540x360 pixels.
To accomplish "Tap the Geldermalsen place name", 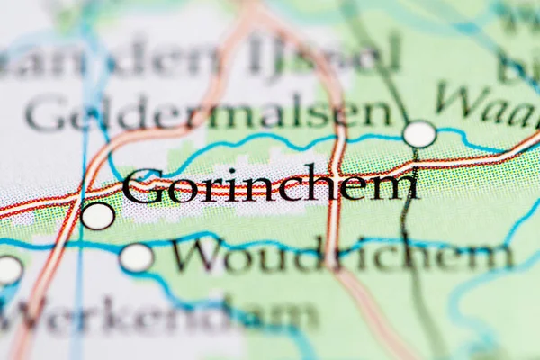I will click(x=209, y=114).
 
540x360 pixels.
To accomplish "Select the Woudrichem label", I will click(x=342, y=256).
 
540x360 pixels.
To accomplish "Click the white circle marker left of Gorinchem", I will click(x=98, y=216).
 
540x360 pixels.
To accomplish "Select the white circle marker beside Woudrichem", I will click(x=137, y=257).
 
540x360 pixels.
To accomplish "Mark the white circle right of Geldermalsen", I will click(x=418, y=134).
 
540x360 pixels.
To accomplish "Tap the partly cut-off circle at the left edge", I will click(x=8, y=269).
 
